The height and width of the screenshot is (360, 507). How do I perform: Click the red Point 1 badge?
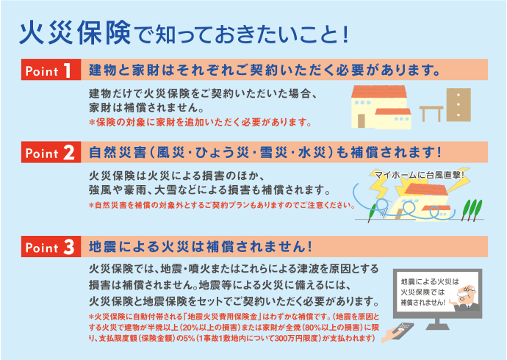(51, 70)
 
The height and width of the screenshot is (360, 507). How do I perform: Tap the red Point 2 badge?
(51, 152)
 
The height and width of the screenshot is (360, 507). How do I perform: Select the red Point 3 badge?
(51, 247)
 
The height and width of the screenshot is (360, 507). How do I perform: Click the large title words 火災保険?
(75, 33)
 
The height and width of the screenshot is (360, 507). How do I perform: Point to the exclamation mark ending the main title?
(345, 35)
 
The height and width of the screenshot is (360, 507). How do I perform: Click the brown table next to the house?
(431, 113)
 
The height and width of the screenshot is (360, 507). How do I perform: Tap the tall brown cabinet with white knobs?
(459, 105)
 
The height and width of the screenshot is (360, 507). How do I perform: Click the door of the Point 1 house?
(362, 121)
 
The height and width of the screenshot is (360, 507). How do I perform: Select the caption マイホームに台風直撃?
(420, 175)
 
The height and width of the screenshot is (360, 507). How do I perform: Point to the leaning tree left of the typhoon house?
(372, 212)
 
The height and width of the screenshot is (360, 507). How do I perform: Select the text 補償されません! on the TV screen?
(423, 303)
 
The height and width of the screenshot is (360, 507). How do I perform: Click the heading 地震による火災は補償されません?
(201, 247)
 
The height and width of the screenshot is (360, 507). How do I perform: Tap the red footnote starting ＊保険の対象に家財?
(201, 123)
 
